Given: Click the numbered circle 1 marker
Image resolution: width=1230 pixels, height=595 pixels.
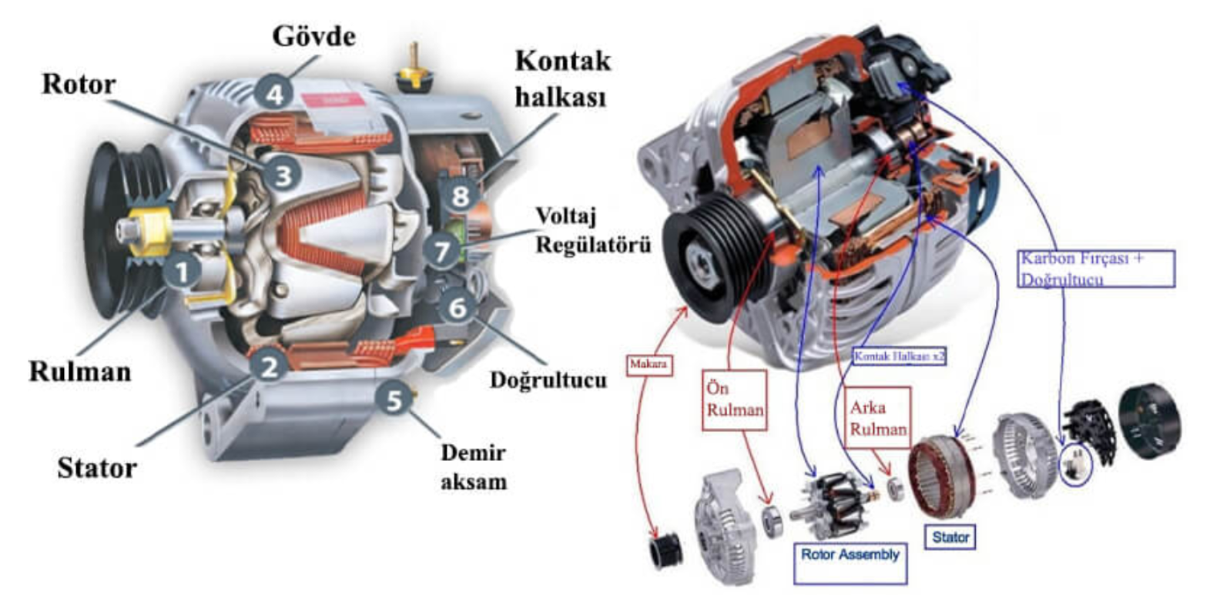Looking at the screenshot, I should (x=183, y=272).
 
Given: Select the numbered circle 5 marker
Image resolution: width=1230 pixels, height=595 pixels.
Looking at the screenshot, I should (x=394, y=399).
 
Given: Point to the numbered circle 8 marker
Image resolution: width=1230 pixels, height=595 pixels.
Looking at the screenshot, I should (x=460, y=195).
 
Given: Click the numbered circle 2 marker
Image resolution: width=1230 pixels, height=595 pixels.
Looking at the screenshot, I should (x=269, y=366).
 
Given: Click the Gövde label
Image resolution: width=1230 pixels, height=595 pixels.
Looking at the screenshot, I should (x=313, y=36).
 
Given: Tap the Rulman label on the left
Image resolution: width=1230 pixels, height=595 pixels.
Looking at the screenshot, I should (x=80, y=372).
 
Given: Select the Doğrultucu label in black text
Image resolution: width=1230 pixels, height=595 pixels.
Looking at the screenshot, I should (x=548, y=379).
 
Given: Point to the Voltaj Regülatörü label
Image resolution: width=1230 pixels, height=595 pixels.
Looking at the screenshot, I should (x=592, y=230).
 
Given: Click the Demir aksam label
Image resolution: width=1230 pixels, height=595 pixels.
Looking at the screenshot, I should (x=473, y=467).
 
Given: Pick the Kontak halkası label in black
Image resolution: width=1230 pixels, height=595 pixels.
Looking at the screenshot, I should (x=561, y=79).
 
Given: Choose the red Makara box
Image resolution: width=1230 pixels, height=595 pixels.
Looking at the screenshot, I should (x=648, y=364).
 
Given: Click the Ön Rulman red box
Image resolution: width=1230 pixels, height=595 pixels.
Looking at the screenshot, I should (x=735, y=399).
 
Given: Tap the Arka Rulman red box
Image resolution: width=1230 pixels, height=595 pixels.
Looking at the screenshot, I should (x=878, y=418).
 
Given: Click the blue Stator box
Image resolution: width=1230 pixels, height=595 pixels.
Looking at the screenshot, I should (x=950, y=537).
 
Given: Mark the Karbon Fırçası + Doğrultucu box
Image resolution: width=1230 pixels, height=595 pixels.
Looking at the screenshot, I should (x=1097, y=269).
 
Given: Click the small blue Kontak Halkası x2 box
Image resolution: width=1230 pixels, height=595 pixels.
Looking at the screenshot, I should (x=899, y=356).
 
